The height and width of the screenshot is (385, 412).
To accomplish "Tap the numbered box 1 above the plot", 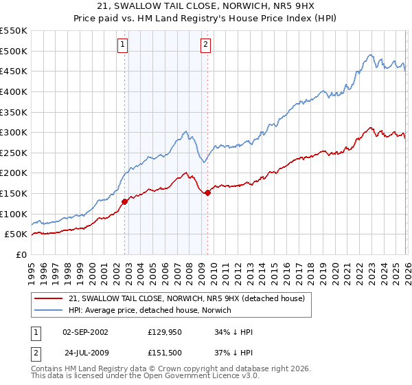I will pyautogui.click(x=122, y=45).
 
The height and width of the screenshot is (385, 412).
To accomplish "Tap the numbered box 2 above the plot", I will pyautogui.click(x=205, y=45).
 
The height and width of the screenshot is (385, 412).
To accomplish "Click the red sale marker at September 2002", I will pyautogui.click(x=124, y=201).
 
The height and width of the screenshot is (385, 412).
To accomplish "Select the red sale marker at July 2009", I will pyautogui.click(x=207, y=193).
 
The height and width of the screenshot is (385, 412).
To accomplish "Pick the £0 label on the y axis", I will pyautogui.click(x=21, y=254).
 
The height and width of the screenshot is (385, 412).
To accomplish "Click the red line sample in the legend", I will pyautogui.click(x=49, y=298).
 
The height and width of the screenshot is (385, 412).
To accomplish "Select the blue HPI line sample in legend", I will pyautogui.click(x=49, y=310).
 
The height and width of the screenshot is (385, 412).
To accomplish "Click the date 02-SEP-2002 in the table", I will pyautogui.click(x=85, y=332).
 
